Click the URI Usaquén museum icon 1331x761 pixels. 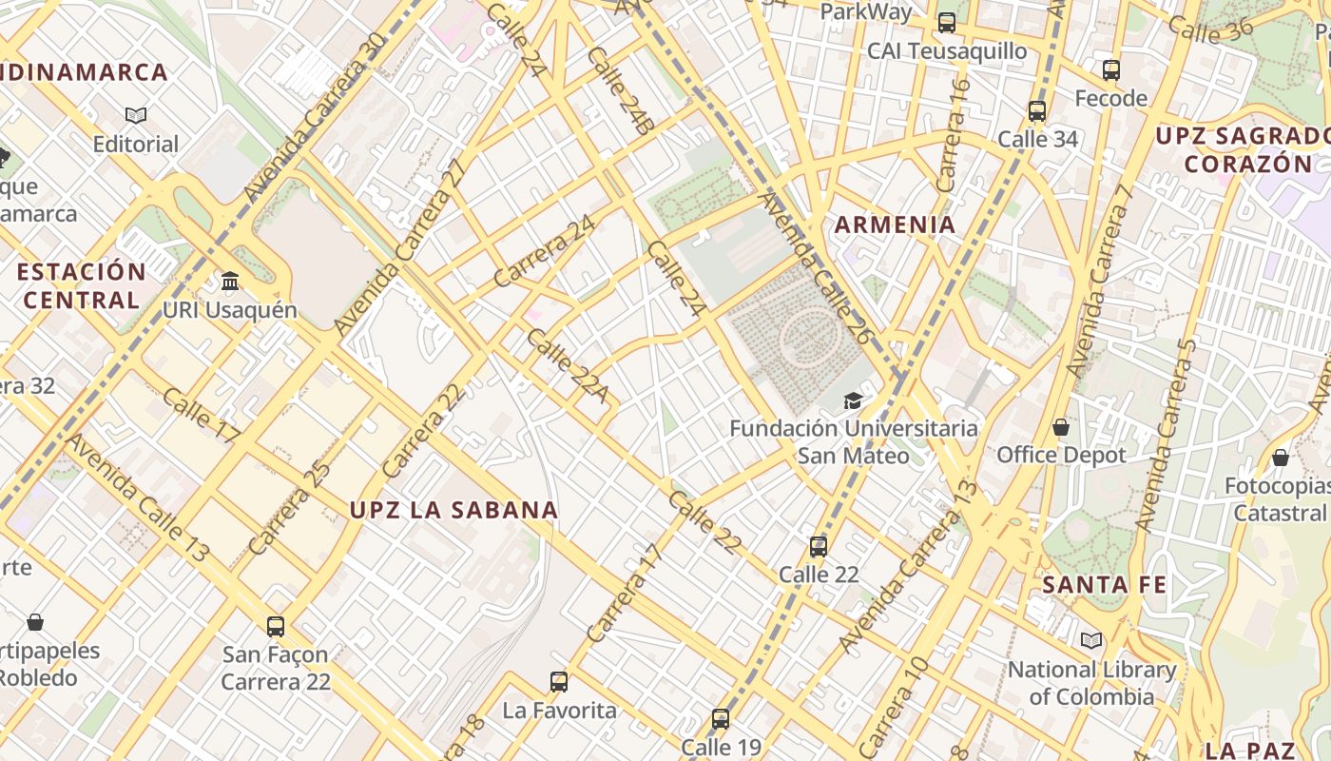(230, 282)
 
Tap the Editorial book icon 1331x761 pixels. (136, 116)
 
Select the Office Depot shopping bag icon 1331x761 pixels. (1061, 428)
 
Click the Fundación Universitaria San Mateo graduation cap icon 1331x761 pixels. (853, 401)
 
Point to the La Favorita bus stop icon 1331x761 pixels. (559, 682)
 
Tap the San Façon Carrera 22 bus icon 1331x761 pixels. (276, 627)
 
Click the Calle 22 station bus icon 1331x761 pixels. (819, 547)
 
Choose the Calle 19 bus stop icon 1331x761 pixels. (721, 719)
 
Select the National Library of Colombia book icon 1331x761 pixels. (1090, 641)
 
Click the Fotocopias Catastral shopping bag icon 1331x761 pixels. (1280, 459)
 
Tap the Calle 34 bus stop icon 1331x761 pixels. (1037, 111)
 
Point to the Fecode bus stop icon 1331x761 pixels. (1111, 70)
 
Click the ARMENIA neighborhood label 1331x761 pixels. (895, 225)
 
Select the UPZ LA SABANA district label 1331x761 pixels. (453, 510)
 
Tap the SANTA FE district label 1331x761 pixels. (1104, 584)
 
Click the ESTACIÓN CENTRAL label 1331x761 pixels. (82, 285)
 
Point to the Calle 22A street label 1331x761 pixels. (568, 365)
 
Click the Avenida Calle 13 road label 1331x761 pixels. (138, 498)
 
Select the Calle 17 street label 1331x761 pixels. (202, 415)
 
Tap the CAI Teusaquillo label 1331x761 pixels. (947, 51)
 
